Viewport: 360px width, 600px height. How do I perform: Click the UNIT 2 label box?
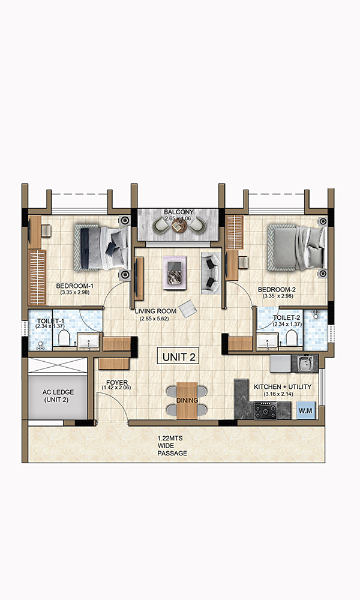[x=178, y=356]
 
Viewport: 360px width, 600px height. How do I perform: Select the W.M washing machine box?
[x=305, y=410]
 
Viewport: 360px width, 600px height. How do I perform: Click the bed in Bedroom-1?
[x=101, y=247]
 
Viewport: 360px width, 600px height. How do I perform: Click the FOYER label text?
[x=116, y=382]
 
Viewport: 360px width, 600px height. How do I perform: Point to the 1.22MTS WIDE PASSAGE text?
[x=172, y=446]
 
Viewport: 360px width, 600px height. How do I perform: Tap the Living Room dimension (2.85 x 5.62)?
[x=155, y=318]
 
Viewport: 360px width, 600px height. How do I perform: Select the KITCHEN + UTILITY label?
[x=282, y=387]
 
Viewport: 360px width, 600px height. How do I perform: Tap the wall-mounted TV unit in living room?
[x=139, y=277]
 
